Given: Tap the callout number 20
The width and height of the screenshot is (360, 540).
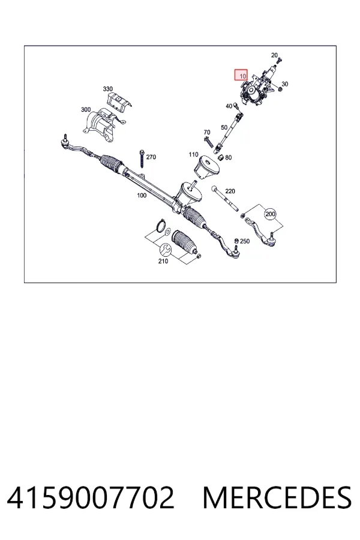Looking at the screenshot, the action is coord(274,55).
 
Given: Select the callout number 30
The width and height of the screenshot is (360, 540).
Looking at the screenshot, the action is coord(284,84).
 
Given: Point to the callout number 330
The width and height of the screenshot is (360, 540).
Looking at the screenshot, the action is coord(108,89).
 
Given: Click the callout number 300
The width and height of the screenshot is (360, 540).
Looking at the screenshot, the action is coord(86,110).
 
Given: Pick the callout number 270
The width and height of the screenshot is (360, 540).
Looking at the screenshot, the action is coord(151,157).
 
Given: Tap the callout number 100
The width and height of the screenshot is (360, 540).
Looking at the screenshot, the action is coord(142,195).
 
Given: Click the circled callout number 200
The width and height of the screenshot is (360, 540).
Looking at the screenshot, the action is coord(271,214).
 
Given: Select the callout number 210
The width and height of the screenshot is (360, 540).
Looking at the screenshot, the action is coord(163,261).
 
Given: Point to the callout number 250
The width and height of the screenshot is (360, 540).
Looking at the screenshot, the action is coord(245,241).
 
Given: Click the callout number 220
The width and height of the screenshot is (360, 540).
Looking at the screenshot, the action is coord(230,191).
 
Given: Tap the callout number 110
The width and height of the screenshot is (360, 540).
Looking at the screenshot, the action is coord(193,155).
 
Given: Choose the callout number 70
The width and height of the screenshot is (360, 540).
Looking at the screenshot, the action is coord(206,132).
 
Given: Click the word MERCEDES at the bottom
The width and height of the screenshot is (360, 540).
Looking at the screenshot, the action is coord(277,497).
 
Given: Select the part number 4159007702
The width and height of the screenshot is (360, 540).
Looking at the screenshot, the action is coord(91,497).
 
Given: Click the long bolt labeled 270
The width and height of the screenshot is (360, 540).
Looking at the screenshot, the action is coord(142,163).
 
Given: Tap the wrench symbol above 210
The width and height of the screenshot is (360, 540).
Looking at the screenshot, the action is coord(164,248).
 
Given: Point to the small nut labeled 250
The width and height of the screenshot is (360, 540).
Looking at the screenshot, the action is coord(236,241).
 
